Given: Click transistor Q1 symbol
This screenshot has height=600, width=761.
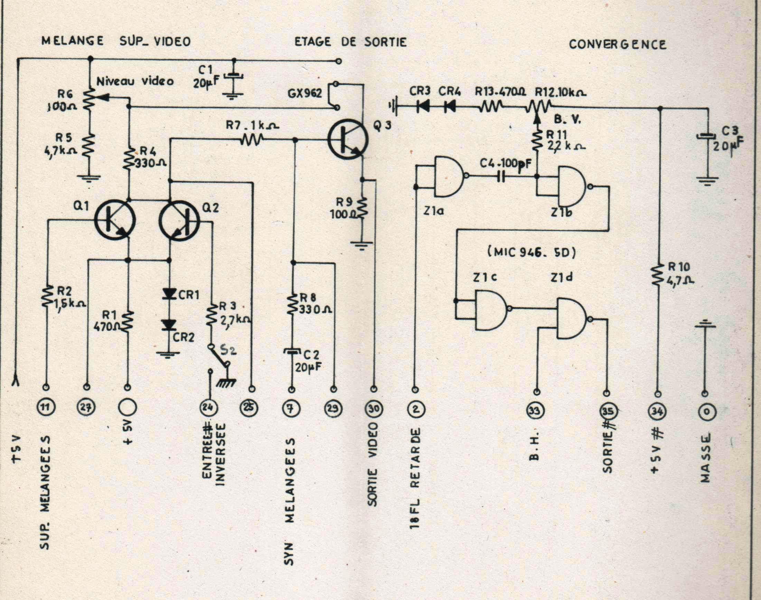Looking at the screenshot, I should tap(115, 222).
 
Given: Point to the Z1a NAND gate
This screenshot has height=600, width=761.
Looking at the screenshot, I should tap(449, 176).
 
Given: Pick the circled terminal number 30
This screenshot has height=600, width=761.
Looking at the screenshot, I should tap(374, 408).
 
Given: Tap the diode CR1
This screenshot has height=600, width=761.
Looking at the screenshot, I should tap(170, 294).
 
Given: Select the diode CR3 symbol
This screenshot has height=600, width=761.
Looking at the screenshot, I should tap(422, 105).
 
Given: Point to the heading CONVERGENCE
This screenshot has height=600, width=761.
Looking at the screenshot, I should tap(617, 45).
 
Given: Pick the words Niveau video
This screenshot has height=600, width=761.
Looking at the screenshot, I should tap(135, 82).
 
